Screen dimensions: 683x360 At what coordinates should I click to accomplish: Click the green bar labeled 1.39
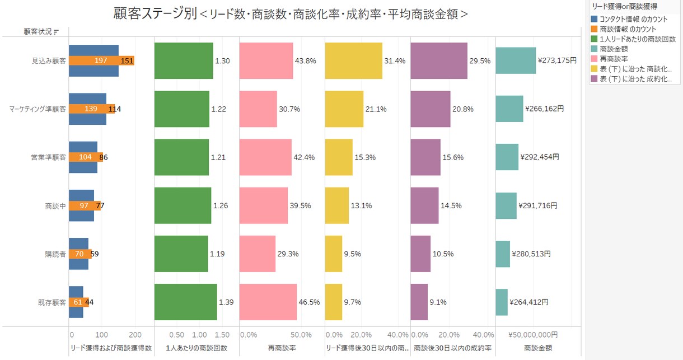185,302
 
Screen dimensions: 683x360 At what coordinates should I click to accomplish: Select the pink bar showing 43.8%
266,60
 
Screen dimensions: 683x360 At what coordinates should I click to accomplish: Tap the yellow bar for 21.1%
344,109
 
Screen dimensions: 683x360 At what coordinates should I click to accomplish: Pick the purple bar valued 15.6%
425,157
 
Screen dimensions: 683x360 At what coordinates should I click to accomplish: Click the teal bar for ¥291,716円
506,206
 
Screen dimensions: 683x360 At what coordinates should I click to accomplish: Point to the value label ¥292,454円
540,157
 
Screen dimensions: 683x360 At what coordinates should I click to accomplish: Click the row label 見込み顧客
49,61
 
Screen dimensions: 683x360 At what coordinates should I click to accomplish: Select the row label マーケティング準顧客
38,109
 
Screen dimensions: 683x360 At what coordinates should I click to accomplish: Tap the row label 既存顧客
52,302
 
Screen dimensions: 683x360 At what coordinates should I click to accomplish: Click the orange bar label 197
101,60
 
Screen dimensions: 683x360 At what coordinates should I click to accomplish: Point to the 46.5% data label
309,302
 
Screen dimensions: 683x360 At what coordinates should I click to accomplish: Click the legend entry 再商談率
614,59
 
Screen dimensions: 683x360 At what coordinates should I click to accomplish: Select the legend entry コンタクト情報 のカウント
634,19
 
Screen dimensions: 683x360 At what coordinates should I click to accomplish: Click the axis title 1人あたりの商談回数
197,348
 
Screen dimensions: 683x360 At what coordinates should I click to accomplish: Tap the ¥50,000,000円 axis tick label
533,335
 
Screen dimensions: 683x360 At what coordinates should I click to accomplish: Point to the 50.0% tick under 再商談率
301,335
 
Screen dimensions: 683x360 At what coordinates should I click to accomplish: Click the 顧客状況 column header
38,31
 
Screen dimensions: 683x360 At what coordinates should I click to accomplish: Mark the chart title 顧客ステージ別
155,14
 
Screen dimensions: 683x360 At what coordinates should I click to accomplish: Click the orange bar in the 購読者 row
80,254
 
